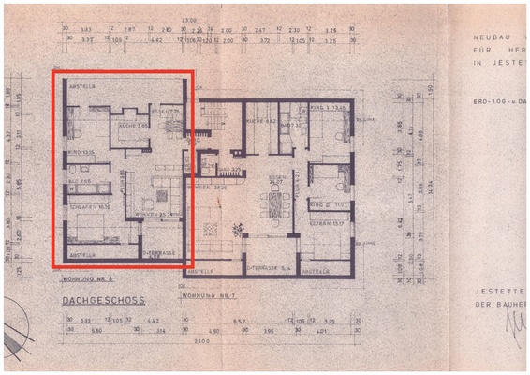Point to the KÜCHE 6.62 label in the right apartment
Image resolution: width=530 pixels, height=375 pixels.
pyautogui.click(x=258, y=122)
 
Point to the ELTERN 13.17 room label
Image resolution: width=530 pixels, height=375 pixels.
pyautogui.click(x=331, y=222)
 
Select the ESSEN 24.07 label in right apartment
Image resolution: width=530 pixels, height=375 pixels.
pyautogui.click(x=277, y=178)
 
